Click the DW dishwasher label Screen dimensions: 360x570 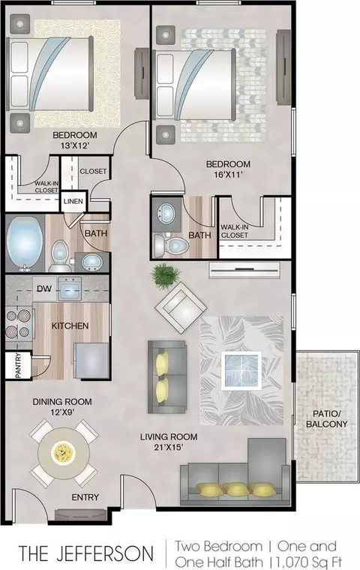coord(44,289)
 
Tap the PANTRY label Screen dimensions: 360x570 coord(18,365)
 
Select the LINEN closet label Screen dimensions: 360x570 coord(73,202)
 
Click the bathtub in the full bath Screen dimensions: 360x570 coord(24,244)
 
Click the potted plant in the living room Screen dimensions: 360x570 coord(166,275)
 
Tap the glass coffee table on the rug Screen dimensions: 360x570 coord(241,370)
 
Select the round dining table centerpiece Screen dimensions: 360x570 coord(64,452)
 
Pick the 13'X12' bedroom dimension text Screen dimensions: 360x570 coord(75,145)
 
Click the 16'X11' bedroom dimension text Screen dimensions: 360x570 coord(228,174)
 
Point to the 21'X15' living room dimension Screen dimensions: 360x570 coord(169,447)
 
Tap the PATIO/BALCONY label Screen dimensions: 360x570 coord(326,418)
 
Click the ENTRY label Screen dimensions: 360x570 coord(85,497)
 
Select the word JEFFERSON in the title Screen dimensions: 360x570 coord(105,553)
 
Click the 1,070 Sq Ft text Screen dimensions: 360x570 coord(309,561)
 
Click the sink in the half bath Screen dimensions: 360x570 coord(167,214)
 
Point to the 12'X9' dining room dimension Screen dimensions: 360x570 coord(62,412)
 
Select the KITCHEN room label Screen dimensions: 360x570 coord(70,325)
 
